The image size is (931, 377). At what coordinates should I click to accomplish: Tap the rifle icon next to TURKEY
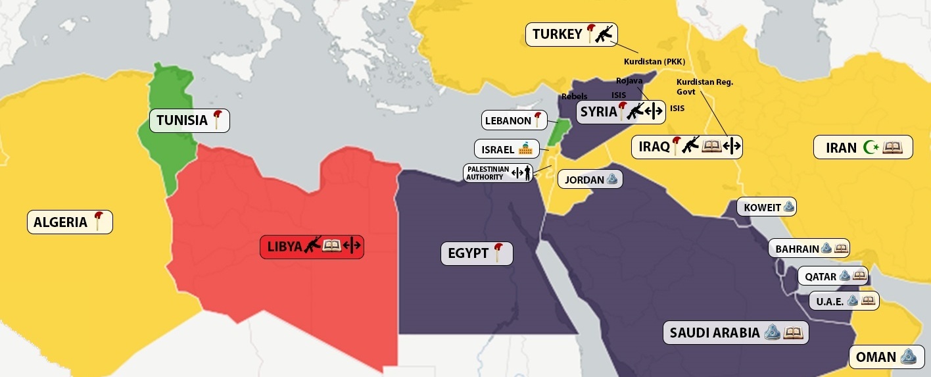point(604,34)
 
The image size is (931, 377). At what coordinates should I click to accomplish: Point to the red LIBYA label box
point(312,247)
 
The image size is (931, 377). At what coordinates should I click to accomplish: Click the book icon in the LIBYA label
point(331,247)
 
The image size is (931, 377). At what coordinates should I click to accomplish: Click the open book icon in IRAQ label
point(711,146)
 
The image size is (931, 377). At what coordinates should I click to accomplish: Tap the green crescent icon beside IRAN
point(871,147)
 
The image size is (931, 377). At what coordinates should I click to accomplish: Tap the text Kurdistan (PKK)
point(654,62)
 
